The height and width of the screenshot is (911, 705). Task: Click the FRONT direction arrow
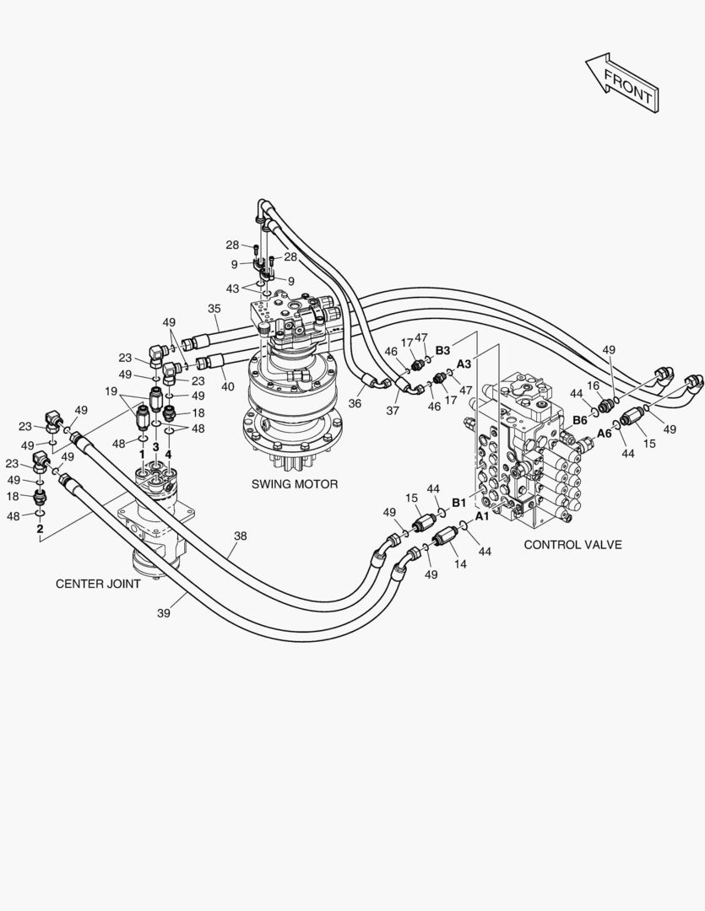(622, 83)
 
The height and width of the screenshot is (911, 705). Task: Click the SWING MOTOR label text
(295, 484)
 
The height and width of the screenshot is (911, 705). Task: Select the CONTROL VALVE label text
(572, 545)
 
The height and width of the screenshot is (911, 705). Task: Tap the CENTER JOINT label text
(98, 584)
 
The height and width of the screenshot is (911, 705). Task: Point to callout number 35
(214, 309)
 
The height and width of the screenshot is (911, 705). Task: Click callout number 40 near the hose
(228, 387)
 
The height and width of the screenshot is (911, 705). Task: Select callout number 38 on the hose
(241, 536)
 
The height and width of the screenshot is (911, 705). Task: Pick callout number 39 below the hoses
(164, 613)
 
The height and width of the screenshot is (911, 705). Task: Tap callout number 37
(393, 410)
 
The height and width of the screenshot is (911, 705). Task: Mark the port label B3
(443, 349)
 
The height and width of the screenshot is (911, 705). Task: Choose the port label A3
(464, 364)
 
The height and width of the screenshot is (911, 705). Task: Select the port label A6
(605, 433)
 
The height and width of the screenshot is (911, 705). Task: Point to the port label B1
(458, 502)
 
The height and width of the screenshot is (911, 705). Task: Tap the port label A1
(482, 515)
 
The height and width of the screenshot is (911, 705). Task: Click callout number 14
(459, 563)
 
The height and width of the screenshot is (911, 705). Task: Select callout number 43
(232, 288)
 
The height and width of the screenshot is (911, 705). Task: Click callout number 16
(594, 385)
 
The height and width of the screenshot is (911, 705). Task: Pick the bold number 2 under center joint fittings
(40, 529)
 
